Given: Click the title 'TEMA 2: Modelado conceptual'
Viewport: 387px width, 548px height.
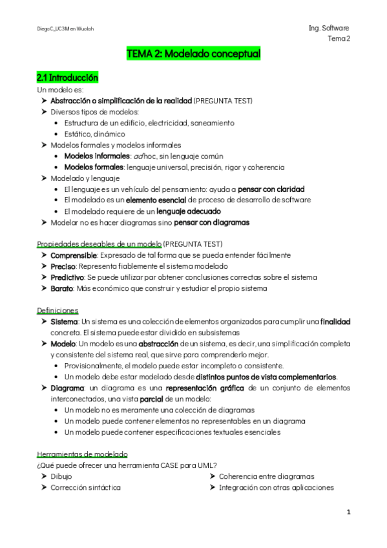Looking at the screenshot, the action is (194, 55).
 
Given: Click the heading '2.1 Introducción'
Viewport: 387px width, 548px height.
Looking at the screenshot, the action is (67, 78).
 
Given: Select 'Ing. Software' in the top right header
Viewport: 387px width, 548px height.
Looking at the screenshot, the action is (329, 28).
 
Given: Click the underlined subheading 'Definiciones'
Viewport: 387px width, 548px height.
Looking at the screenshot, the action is (58, 310).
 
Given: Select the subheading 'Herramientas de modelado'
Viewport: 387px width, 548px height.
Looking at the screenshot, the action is (82, 454).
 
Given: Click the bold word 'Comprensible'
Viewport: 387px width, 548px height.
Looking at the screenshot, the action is (74, 255).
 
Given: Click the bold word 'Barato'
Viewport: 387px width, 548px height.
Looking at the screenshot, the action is (64, 288).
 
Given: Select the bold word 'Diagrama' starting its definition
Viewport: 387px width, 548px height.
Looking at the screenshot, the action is (67, 388).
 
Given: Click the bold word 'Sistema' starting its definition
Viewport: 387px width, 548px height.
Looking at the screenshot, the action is (64, 321).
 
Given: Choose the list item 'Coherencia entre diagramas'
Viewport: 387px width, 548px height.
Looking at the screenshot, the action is (266, 476).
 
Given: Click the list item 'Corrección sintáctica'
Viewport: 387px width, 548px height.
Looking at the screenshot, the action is (85, 487).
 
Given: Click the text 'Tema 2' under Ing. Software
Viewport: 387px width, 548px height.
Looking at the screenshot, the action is (339, 39).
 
